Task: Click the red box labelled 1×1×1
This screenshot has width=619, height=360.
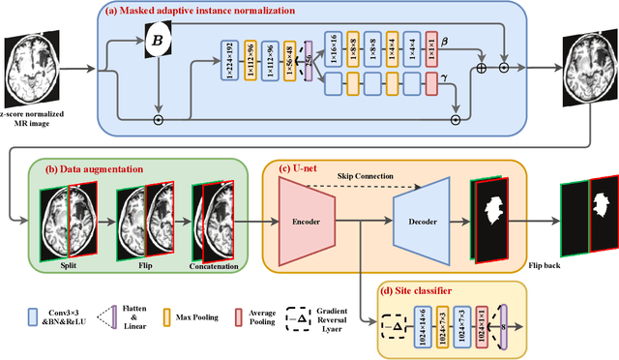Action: click(x=431, y=49)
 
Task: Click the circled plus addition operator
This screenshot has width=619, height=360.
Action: click(x=482, y=71)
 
